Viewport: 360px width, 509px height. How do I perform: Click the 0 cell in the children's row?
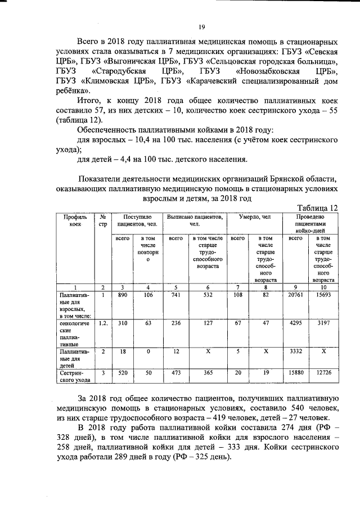(148, 352)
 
